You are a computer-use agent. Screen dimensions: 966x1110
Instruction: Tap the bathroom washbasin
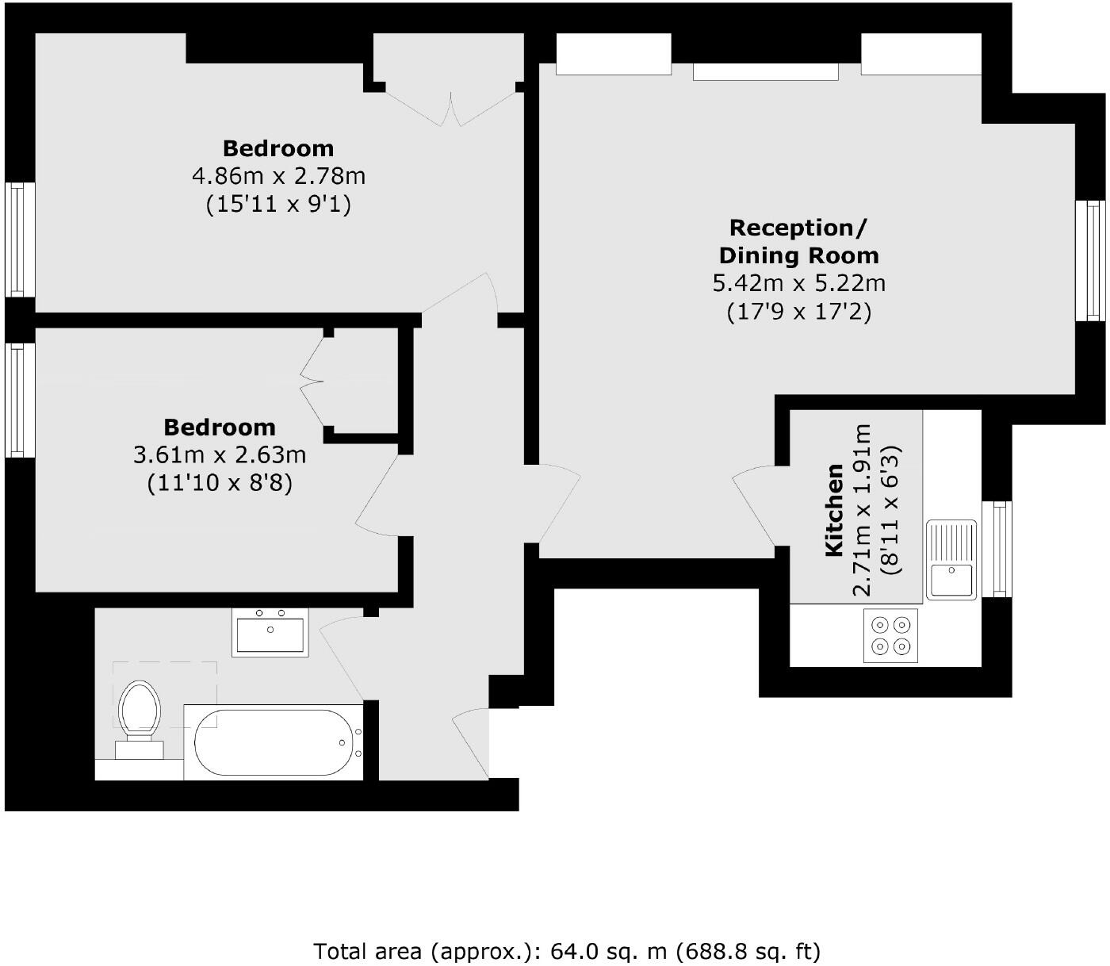click(x=270, y=632)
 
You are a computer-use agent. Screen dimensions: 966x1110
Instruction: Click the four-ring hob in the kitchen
click(x=890, y=635)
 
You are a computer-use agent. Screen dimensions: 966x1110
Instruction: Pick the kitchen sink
click(x=951, y=559)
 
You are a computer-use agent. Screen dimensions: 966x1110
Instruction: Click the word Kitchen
click(x=834, y=510)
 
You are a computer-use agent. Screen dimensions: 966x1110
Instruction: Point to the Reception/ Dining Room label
click(x=798, y=241)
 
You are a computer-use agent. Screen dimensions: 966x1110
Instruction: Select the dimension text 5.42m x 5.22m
click(x=798, y=282)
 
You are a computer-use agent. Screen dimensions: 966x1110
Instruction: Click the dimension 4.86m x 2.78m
click(x=278, y=175)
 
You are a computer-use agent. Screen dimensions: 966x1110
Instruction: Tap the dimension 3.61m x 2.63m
click(x=220, y=455)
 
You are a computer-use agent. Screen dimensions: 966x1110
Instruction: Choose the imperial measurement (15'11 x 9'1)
click(x=278, y=204)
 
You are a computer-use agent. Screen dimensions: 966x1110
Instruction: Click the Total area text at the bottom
click(x=567, y=950)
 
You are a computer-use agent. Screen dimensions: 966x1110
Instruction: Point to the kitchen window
click(x=997, y=549)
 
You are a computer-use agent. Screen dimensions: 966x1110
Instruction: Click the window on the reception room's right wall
click(x=1091, y=261)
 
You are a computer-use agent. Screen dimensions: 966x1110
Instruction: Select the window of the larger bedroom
click(x=20, y=240)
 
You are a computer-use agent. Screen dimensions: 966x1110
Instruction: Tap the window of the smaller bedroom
click(x=20, y=400)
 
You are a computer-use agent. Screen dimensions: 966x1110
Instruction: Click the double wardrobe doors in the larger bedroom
click(x=451, y=106)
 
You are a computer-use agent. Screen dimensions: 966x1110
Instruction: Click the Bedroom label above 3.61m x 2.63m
click(x=220, y=427)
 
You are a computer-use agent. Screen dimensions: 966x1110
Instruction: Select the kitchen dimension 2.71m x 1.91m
click(x=862, y=510)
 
